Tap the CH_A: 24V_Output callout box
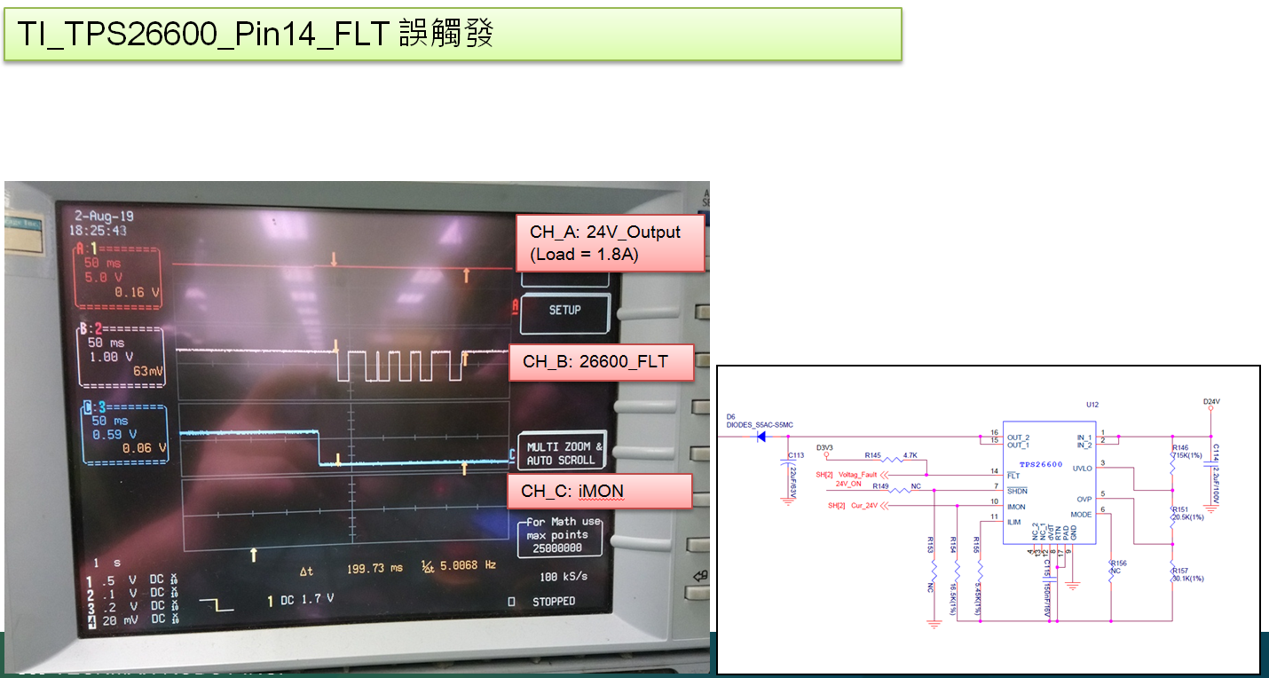[610, 242]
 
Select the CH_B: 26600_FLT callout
[600, 362]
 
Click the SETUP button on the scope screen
[564, 310]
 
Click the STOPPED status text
[553, 602]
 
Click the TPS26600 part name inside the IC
[1040, 464]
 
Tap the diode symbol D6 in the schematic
[761, 436]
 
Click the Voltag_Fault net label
[857, 475]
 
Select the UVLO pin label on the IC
[1082, 468]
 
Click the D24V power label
[1211, 401]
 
